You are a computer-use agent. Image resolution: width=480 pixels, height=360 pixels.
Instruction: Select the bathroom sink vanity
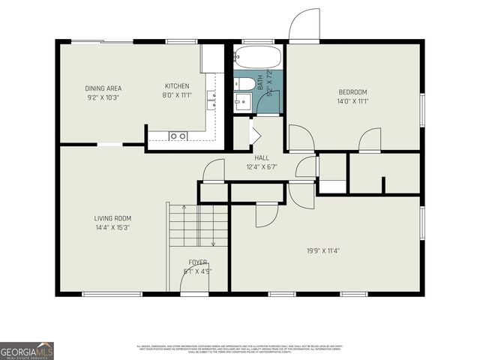241,103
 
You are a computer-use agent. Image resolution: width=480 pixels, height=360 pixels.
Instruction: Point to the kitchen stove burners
178,136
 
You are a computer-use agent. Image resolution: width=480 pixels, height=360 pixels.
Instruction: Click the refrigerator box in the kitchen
212,58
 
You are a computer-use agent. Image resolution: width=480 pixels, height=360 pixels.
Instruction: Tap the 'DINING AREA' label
102,88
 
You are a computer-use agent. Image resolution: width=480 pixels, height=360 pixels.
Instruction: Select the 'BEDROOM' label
352,92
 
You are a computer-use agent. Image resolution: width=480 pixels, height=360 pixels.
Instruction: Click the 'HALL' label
262,157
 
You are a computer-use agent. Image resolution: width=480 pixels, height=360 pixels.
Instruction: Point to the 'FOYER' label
197,262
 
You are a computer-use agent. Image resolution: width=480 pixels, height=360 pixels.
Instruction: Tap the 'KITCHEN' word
177,86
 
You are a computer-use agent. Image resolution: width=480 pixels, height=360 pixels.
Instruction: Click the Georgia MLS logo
27,350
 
